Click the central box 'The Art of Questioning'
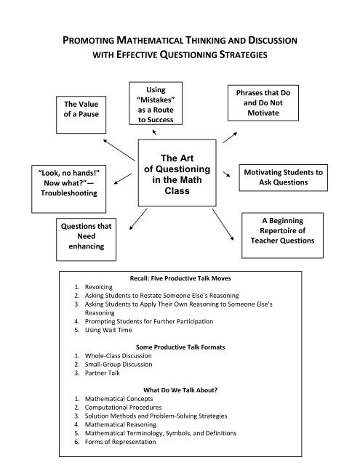[180, 172]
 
